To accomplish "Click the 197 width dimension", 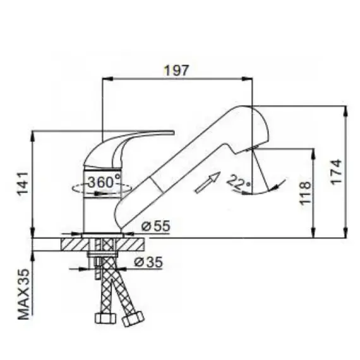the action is click(x=176, y=70).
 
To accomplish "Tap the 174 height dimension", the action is click(x=336, y=172).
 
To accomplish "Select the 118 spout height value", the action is click(x=305, y=193).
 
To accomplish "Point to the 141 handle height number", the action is click(x=23, y=184).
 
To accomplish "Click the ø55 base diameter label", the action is click(x=156, y=226).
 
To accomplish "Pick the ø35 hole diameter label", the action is click(x=148, y=262).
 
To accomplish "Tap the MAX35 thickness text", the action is click(x=24, y=294).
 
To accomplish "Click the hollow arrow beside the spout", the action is click(x=208, y=183).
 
